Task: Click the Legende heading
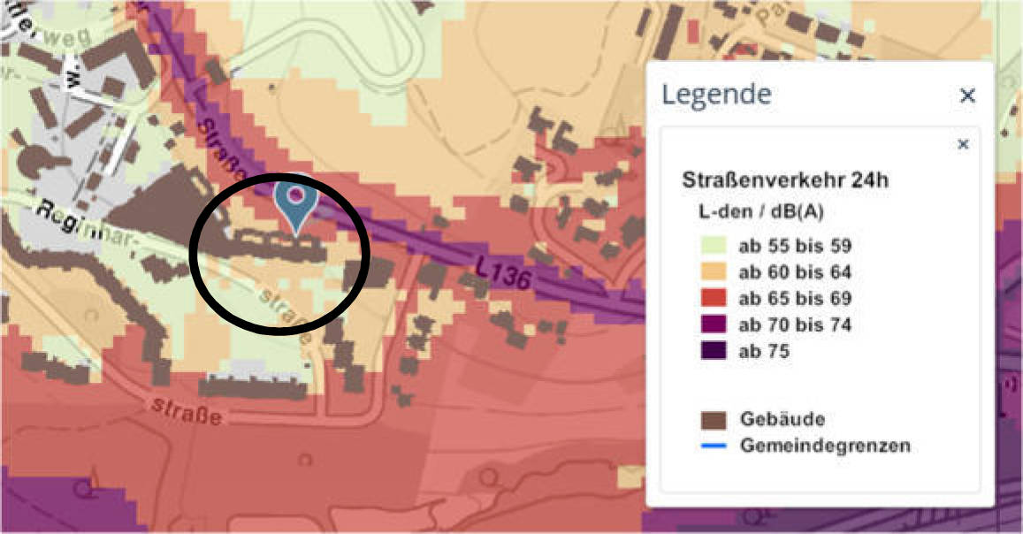tap(717, 94)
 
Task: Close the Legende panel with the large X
tap(967, 95)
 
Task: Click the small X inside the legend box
tap(963, 144)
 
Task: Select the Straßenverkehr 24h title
tap(785, 180)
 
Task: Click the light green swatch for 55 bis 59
tap(714, 246)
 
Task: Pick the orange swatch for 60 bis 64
tap(714, 271)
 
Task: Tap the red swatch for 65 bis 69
tap(714, 298)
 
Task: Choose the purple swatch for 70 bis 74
tap(714, 324)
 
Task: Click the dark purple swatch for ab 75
tap(714, 351)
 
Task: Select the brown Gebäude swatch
tap(714, 418)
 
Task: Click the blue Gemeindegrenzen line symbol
tap(714, 445)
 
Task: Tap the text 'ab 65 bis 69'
tap(795, 298)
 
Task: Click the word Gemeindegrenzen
tap(825, 445)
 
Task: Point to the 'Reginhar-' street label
tap(79, 218)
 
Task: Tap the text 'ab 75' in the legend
tap(764, 351)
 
